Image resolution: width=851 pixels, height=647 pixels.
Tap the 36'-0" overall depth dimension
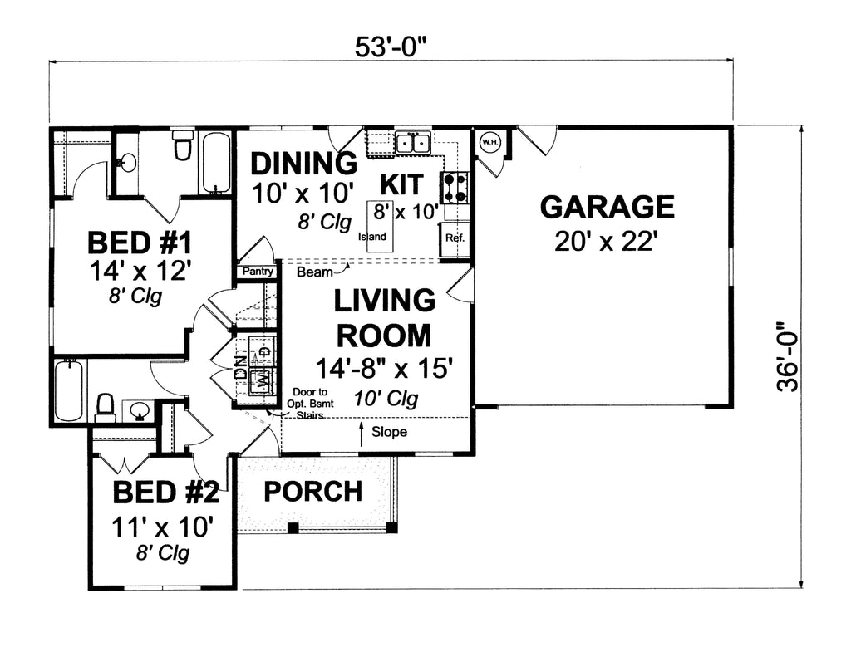point(788,357)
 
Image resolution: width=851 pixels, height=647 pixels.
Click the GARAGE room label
point(607,207)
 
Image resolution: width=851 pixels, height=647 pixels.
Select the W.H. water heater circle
point(490,143)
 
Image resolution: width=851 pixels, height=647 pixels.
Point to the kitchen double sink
point(413,143)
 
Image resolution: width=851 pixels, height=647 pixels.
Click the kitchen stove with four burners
point(455,187)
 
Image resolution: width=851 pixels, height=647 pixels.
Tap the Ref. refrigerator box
point(454,238)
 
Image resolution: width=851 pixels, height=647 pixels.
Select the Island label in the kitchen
point(372,237)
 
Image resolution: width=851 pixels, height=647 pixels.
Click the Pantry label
point(258,271)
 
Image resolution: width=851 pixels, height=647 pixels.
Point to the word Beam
point(315,272)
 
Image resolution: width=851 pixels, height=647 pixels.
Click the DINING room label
point(304,164)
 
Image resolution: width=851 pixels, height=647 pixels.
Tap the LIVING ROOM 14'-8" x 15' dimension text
point(384,369)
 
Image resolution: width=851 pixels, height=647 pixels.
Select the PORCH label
point(313,492)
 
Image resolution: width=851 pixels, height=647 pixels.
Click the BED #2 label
point(166,493)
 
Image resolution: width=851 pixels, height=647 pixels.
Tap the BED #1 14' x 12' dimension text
point(139,271)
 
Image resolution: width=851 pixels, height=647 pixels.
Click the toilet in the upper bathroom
point(182,145)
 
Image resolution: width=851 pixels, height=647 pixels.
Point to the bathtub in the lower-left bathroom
point(69,390)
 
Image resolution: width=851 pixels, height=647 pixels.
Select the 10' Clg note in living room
point(386,399)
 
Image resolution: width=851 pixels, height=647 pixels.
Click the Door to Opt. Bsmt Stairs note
point(310,404)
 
